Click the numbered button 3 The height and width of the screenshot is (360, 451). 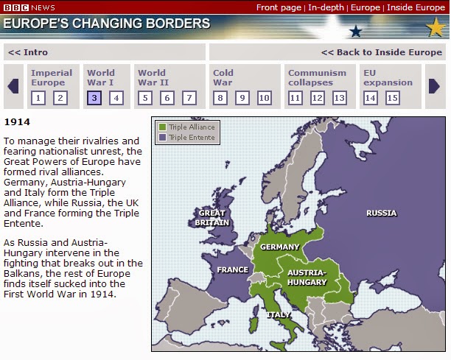(94, 97)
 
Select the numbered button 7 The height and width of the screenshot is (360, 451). (189, 97)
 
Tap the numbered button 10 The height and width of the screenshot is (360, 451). (265, 97)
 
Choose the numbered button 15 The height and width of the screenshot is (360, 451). (392, 97)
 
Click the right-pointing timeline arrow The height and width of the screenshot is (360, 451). (435, 86)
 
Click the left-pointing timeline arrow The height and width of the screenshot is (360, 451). (13, 86)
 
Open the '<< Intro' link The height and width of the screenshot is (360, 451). (28, 52)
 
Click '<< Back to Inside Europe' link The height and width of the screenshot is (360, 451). (381, 52)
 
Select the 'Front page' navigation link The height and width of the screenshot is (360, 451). (279, 7)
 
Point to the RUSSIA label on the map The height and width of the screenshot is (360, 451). (381, 213)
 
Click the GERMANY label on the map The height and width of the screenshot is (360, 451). (280, 247)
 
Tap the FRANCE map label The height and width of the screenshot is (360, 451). (232, 270)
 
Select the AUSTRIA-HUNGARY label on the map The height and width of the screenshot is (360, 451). (307, 277)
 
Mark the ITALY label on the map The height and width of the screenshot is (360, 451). (279, 314)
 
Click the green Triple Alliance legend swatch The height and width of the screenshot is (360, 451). (162, 127)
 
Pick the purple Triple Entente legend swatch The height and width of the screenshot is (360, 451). (162, 137)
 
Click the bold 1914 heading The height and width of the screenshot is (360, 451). (17, 121)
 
